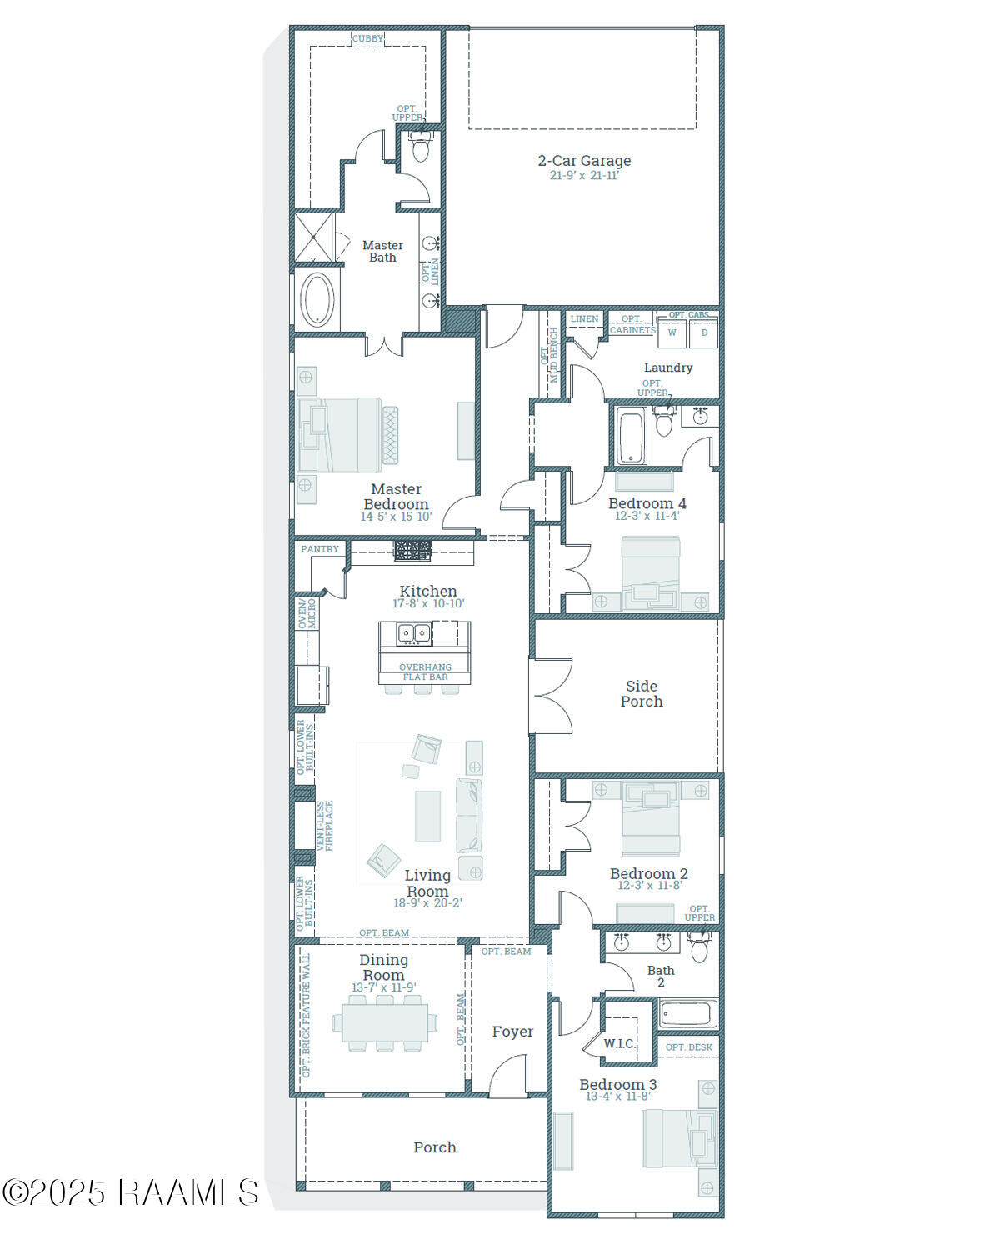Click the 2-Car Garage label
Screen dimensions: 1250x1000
click(x=584, y=161)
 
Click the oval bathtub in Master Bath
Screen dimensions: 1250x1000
click(x=317, y=299)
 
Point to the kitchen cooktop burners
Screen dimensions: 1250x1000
click(x=412, y=550)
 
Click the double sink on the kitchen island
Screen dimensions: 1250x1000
click(x=413, y=634)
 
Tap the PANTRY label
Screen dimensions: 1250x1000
click(x=320, y=549)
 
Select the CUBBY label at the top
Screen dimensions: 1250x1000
click(x=367, y=38)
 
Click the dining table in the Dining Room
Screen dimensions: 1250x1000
click(x=384, y=1022)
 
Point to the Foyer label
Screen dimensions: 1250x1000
click(x=512, y=1032)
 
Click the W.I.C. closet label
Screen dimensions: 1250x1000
click(x=619, y=1043)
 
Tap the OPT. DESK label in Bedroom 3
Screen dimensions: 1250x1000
click(x=689, y=1047)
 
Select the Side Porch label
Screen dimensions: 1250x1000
click(x=642, y=693)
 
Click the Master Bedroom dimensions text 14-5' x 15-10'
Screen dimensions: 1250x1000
click(x=396, y=517)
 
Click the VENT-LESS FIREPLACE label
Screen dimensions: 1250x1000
click(x=324, y=826)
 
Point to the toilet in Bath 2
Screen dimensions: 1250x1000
click(x=700, y=948)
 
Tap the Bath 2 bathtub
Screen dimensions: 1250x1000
click(x=687, y=1013)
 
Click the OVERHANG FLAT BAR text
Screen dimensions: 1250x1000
click(x=425, y=672)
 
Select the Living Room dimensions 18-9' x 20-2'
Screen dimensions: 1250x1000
click(x=427, y=902)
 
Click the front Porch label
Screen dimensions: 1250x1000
click(x=435, y=1147)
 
